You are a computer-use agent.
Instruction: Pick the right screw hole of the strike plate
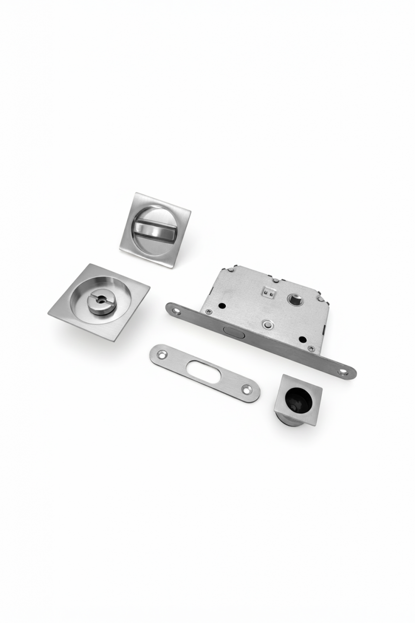pos(247,389)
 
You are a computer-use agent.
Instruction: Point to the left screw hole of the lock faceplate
pos(176,311)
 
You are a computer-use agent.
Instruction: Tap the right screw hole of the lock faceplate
pos(343,372)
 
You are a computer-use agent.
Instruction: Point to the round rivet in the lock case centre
pos(267,324)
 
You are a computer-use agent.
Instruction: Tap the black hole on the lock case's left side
pos(222,306)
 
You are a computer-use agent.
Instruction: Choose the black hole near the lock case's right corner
pos(302,339)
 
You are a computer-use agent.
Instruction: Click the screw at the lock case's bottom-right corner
pos(311,348)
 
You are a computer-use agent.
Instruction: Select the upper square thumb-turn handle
pos(155,230)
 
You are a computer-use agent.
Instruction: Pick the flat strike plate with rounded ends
pos(204,373)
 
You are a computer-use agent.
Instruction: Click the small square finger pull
pos(298,399)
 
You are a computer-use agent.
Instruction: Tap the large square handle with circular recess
pos(99,302)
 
